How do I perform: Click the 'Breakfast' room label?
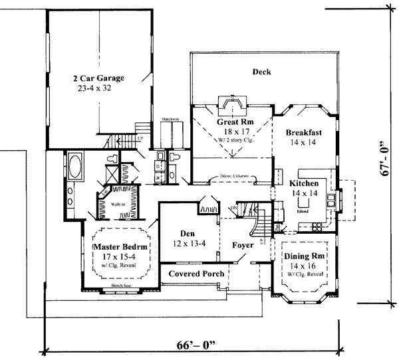[x=306, y=132]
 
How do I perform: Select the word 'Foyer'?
[x=243, y=244]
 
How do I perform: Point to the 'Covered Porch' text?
[x=195, y=274]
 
